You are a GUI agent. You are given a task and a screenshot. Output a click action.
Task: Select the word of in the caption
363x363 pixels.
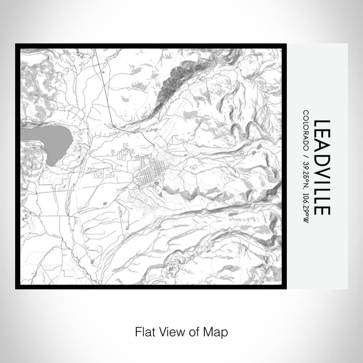[199, 330]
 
